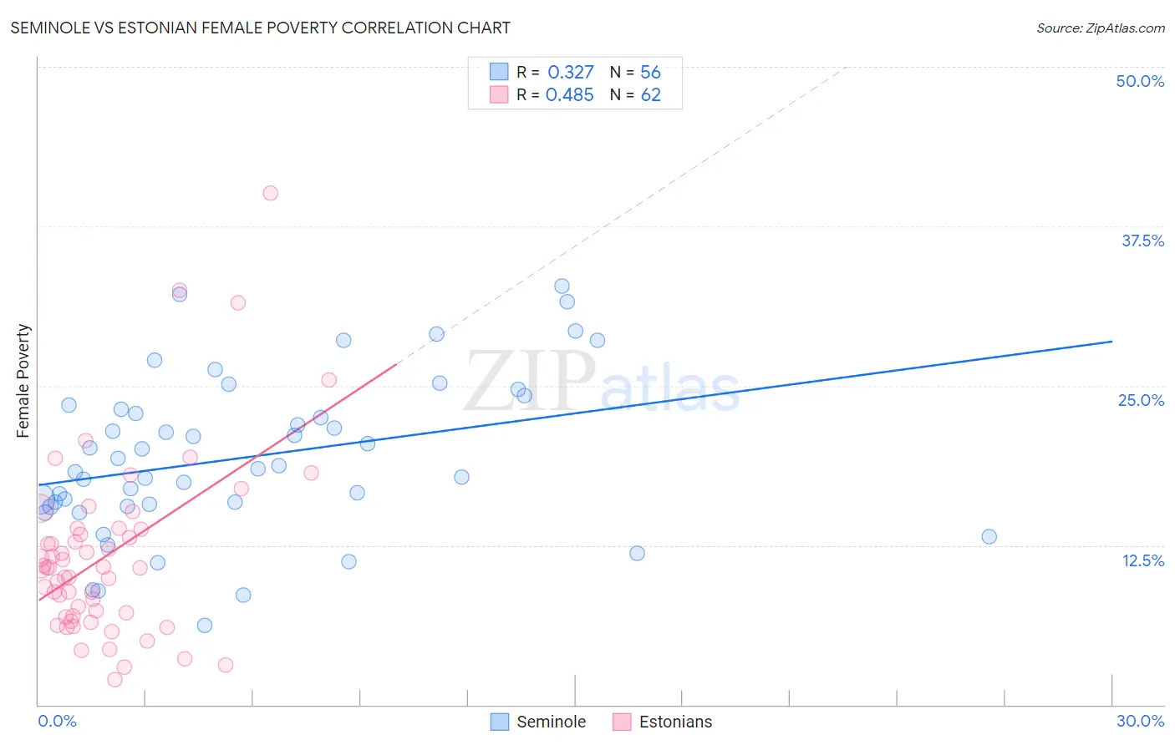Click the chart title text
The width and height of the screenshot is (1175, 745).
(x=260, y=28)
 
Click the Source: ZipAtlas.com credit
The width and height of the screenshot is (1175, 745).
(x=1100, y=28)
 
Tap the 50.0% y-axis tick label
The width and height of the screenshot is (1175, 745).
(x=1140, y=81)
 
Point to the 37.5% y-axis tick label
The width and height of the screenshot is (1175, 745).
(x=1142, y=241)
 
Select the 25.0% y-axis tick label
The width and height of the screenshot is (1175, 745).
(x=1141, y=400)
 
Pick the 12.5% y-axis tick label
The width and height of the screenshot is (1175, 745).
(x=1142, y=560)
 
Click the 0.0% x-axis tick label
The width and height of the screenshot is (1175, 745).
(x=57, y=721)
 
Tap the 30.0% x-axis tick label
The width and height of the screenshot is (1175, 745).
(x=1140, y=721)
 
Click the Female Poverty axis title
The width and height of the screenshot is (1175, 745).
(x=23, y=381)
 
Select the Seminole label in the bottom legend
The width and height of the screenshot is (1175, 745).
(x=551, y=722)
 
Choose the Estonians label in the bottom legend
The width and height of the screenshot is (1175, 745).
(x=675, y=722)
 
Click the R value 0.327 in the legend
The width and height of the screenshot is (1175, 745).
(x=571, y=73)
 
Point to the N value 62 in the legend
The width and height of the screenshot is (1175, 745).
(x=651, y=95)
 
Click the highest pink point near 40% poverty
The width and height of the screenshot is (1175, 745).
(x=270, y=193)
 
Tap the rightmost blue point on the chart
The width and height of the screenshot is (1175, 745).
(x=989, y=536)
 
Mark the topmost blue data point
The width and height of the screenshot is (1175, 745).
(x=562, y=286)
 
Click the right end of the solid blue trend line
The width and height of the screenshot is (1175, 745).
(x=1111, y=342)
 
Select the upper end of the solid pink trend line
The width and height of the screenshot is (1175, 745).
(x=396, y=364)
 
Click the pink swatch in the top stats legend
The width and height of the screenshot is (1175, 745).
(x=499, y=94)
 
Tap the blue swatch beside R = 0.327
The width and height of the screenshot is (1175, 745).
(x=499, y=72)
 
